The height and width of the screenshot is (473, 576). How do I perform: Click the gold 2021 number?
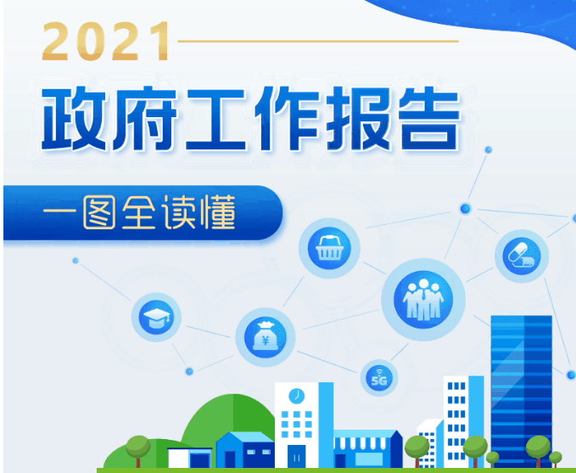pos(107,41)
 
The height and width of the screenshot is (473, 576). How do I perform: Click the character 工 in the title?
pos(216,119)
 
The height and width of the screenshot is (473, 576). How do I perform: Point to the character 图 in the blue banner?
pos(99,212)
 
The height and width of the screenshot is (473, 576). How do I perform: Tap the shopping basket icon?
pos(329,248)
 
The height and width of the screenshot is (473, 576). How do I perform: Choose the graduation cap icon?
pos(156,317)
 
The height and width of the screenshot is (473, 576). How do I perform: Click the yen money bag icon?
pos(266,337)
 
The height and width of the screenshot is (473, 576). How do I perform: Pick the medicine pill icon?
pos(521,256)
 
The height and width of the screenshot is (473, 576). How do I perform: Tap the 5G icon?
pos(379,378)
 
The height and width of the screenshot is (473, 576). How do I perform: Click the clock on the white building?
pos(296,396)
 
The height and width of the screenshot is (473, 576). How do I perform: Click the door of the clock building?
pos(296,456)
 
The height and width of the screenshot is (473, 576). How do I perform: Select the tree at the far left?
pos(137,451)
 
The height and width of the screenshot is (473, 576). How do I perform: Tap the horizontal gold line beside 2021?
pos(318,42)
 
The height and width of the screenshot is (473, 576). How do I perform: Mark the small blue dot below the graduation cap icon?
pos(189,371)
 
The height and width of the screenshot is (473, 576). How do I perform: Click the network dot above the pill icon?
pos(466,209)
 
